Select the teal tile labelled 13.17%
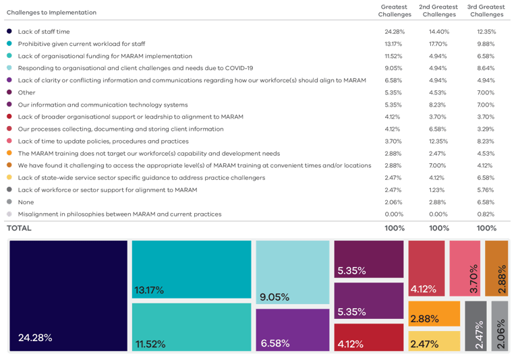point(192,268)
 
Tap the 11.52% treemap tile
point(192,326)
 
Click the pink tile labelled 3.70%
point(464,268)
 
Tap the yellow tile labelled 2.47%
point(434,341)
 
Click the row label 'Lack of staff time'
point(45,32)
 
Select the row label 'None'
point(26,202)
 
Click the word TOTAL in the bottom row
point(19,229)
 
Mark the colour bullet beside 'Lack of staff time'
point(9,32)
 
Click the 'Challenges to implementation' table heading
point(51,12)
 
